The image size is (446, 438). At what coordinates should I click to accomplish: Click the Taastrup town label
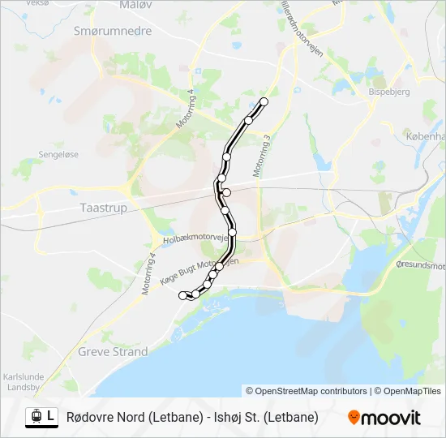tap(105, 208)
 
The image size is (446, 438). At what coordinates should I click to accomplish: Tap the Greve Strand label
tap(113, 352)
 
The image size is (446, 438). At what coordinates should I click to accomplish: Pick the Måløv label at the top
tap(135, 4)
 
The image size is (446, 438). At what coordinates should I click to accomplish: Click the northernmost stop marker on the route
tap(264, 101)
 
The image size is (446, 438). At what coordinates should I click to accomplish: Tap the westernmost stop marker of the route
tap(182, 296)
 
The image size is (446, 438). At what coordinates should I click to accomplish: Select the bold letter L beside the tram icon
tap(51, 416)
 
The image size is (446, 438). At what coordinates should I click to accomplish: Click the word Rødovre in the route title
tap(92, 417)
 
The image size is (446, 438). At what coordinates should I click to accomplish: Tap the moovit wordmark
tap(392, 418)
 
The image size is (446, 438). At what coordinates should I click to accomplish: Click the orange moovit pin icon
tap(354, 418)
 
